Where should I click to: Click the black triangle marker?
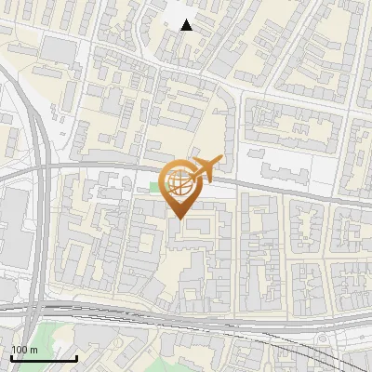[187, 25]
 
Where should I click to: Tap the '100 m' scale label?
[25, 350]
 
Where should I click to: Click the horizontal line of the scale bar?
[44, 358]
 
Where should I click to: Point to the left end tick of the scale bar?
[11, 356]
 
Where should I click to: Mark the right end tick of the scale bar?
[76, 356]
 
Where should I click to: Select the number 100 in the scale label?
[20, 350]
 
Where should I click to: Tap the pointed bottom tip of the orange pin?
[180, 219]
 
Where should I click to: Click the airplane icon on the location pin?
[206, 167]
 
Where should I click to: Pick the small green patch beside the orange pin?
[154, 190]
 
